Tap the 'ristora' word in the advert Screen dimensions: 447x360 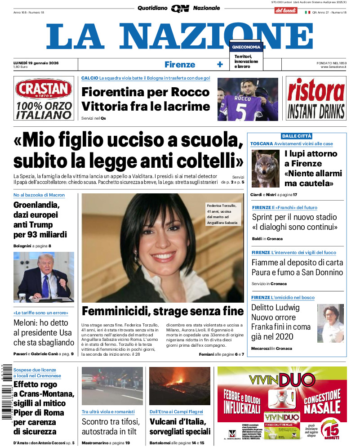point(316,89)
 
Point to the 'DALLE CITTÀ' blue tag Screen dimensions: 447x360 point(297,136)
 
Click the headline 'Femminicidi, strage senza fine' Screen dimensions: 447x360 point(163,311)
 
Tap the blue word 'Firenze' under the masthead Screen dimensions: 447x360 point(180,64)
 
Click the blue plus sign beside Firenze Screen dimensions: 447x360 point(220,64)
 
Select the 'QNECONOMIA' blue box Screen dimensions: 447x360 point(246,47)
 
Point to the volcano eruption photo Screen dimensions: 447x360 point(179,385)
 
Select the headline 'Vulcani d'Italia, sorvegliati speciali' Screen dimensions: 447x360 point(179,427)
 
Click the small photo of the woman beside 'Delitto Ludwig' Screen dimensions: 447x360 point(330,323)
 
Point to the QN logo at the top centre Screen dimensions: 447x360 point(179,9)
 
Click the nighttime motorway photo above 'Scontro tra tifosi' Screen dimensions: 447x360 point(112,385)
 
